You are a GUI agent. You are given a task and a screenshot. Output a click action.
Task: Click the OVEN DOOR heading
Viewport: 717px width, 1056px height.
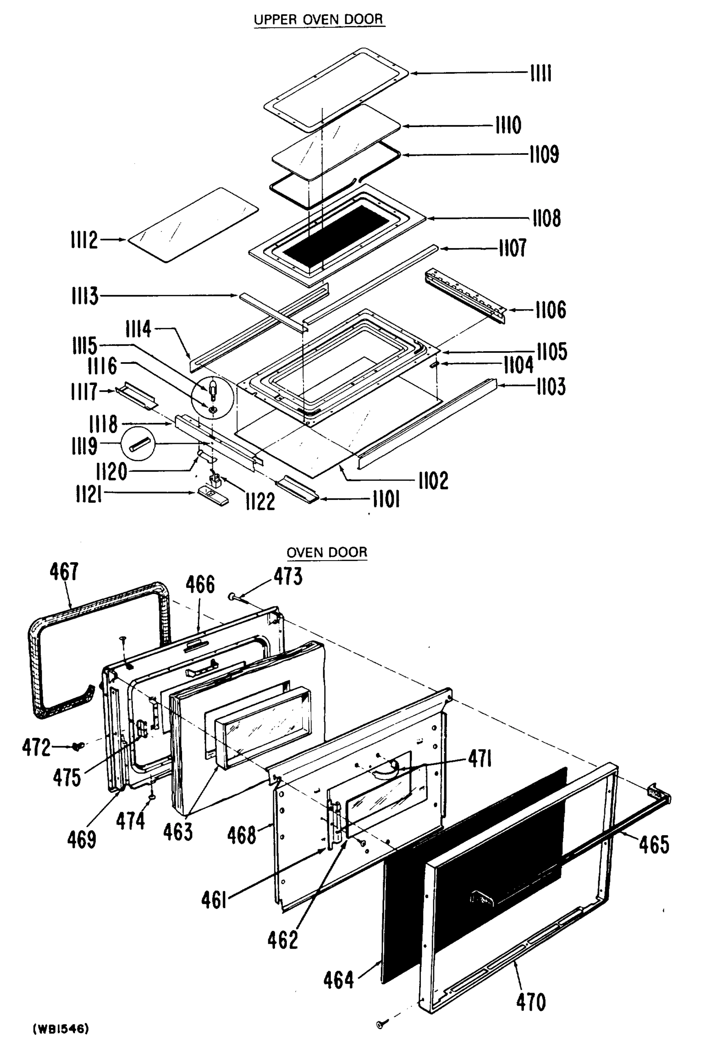(326, 552)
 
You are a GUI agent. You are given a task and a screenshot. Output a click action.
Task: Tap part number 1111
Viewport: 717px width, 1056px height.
(541, 73)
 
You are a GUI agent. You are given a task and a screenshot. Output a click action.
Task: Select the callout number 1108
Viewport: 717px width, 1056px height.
(547, 219)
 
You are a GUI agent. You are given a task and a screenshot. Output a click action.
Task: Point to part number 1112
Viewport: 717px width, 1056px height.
(84, 239)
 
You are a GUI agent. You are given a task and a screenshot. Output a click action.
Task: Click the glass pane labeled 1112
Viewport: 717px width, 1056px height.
(193, 225)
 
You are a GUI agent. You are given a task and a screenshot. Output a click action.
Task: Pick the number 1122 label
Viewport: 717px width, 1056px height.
(260, 502)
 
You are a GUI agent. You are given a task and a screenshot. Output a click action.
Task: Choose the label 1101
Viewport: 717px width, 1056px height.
(386, 500)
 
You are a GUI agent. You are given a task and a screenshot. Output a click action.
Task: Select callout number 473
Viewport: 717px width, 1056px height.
(288, 576)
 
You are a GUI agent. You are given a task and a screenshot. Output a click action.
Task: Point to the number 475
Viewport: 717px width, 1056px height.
(67, 777)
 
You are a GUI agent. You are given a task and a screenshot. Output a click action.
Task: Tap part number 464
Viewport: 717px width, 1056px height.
(339, 980)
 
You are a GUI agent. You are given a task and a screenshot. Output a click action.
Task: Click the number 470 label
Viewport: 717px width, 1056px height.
(530, 1002)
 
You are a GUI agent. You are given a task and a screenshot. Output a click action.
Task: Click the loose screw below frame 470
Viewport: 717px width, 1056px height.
(381, 1024)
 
